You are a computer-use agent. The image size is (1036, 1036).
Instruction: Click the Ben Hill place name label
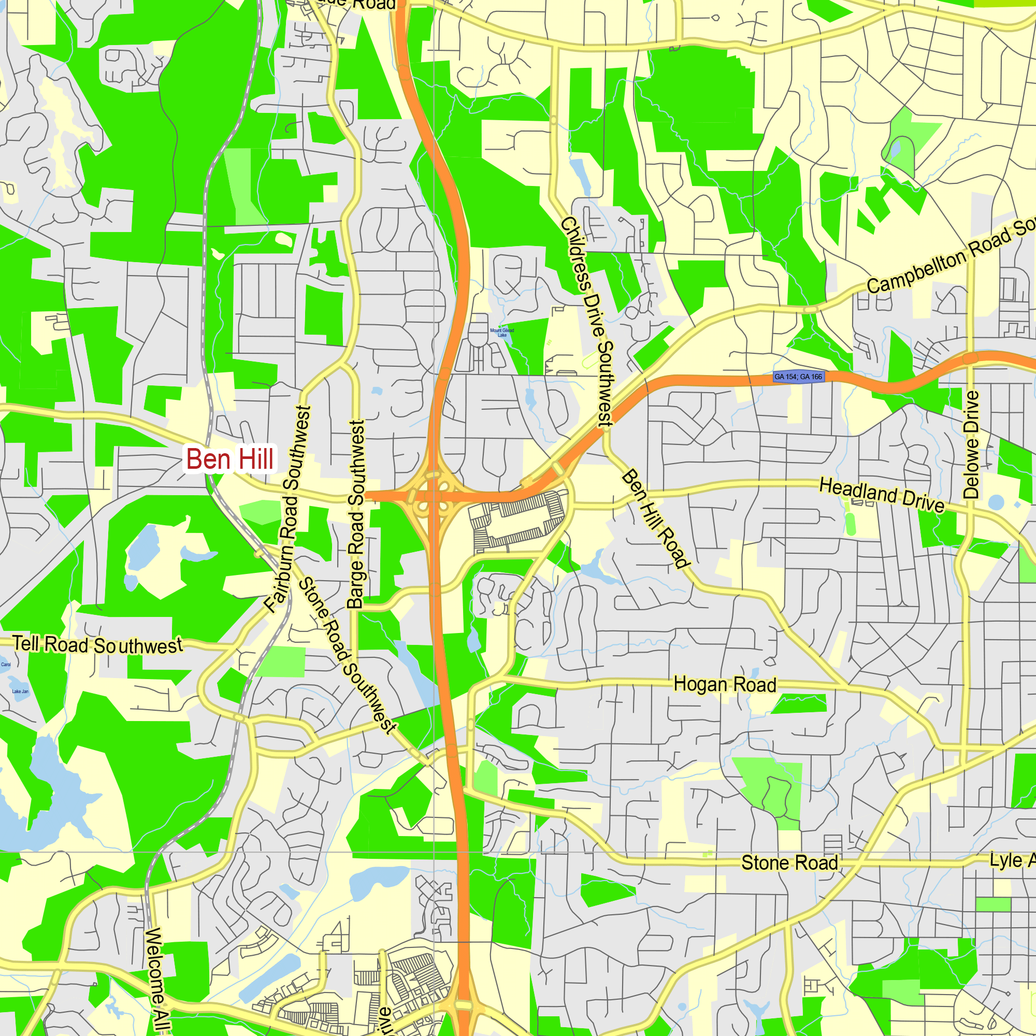pos(229,459)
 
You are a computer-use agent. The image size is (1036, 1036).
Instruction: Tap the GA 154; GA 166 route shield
pos(798,377)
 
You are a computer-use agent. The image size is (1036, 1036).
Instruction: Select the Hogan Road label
pos(725,685)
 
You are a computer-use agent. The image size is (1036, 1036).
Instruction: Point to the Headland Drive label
pos(882,496)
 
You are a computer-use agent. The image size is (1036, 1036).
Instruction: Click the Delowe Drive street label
pos(971,444)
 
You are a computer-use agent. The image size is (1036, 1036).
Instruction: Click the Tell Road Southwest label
pos(97,644)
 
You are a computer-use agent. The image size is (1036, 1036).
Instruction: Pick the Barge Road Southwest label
pos(356,514)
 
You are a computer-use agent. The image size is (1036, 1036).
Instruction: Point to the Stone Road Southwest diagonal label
pos(347,655)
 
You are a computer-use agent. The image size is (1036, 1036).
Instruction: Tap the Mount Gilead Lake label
pos(502,333)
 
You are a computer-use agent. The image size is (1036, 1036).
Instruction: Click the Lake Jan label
pos(20,692)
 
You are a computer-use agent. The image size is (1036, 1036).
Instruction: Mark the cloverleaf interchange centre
pos(433,497)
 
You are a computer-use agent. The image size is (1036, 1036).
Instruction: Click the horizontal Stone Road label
pos(789,863)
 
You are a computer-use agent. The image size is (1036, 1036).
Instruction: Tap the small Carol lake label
pos(6,665)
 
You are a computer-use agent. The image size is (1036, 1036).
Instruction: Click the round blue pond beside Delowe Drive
pos(996,502)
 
